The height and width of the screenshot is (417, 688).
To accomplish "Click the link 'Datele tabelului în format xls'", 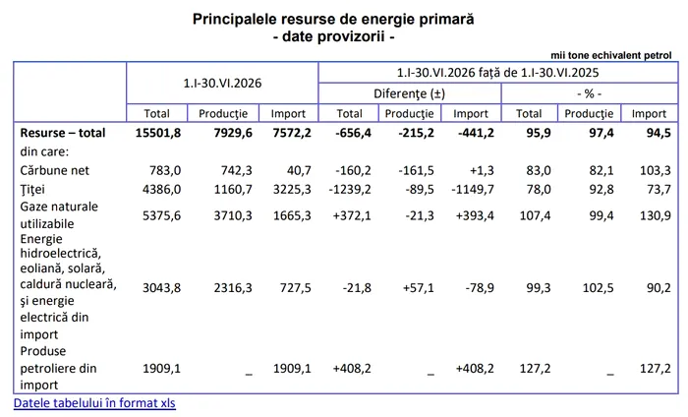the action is [x=94, y=403].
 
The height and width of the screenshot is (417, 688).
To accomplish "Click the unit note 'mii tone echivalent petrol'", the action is [x=610, y=55].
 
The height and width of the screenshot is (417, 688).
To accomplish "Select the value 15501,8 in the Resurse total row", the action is [x=158, y=133].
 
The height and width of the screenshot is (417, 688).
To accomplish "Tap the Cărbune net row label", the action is [x=54, y=170].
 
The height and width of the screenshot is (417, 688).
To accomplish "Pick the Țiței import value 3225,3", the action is [x=292, y=189].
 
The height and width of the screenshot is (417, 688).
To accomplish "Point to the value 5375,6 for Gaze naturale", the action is [x=161, y=215].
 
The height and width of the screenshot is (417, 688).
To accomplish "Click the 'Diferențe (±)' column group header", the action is [x=410, y=93].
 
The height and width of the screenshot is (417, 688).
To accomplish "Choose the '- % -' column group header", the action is [x=590, y=93].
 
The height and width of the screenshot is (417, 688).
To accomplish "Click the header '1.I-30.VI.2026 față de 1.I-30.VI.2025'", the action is [x=498, y=73].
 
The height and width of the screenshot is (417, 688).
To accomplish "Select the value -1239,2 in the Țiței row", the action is [x=350, y=189].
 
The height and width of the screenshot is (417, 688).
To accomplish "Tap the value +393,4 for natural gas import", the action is [x=475, y=215].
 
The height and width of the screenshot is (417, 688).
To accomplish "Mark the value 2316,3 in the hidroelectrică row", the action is [x=233, y=288].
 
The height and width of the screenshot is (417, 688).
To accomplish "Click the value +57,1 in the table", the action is [x=418, y=288].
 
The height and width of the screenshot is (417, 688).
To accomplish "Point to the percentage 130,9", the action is [x=656, y=215].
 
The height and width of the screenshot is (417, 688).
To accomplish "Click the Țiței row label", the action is [x=32, y=190].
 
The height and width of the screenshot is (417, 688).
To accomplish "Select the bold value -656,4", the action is [x=353, y=133].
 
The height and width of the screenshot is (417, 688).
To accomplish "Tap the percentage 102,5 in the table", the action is [x=598, y=288].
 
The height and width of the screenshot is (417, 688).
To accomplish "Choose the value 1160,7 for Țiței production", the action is [x=233, y=189].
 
